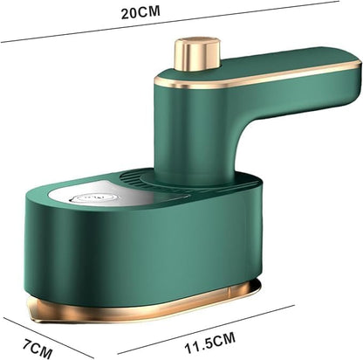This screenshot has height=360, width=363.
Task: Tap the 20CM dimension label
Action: [x=140, y=12]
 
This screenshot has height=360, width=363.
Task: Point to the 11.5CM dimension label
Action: [x=209, y=343]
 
